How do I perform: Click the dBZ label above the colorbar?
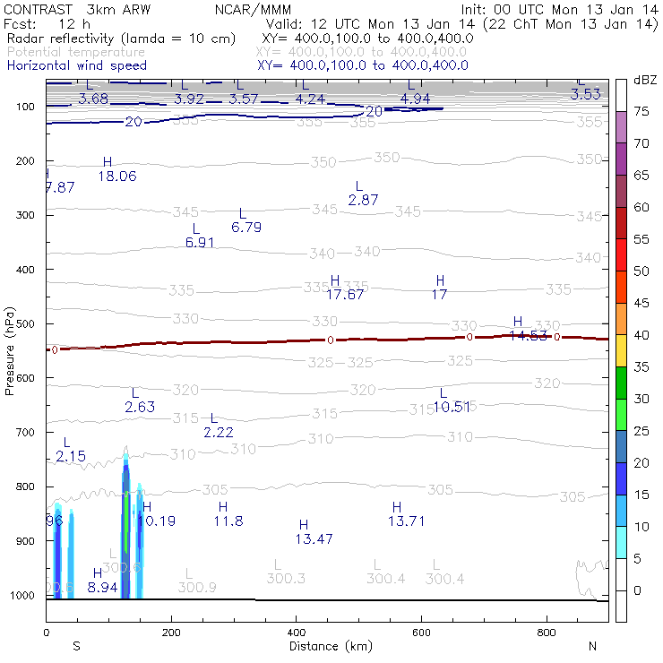pos(643,80)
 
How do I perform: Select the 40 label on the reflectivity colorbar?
pos(641,335)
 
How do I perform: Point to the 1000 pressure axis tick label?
pos(22,596)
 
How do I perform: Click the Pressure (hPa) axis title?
pos(10,349)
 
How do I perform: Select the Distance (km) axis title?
pos(327,646)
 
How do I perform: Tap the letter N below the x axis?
pos(592,646)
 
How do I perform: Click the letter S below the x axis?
pos(76,646)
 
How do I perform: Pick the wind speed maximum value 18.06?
pos(116,177)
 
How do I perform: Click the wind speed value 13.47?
pos(314,538)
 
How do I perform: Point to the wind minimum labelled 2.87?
pos(363,200)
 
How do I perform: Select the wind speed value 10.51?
pos(452,407)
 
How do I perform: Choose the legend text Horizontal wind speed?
pos(76,65)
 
